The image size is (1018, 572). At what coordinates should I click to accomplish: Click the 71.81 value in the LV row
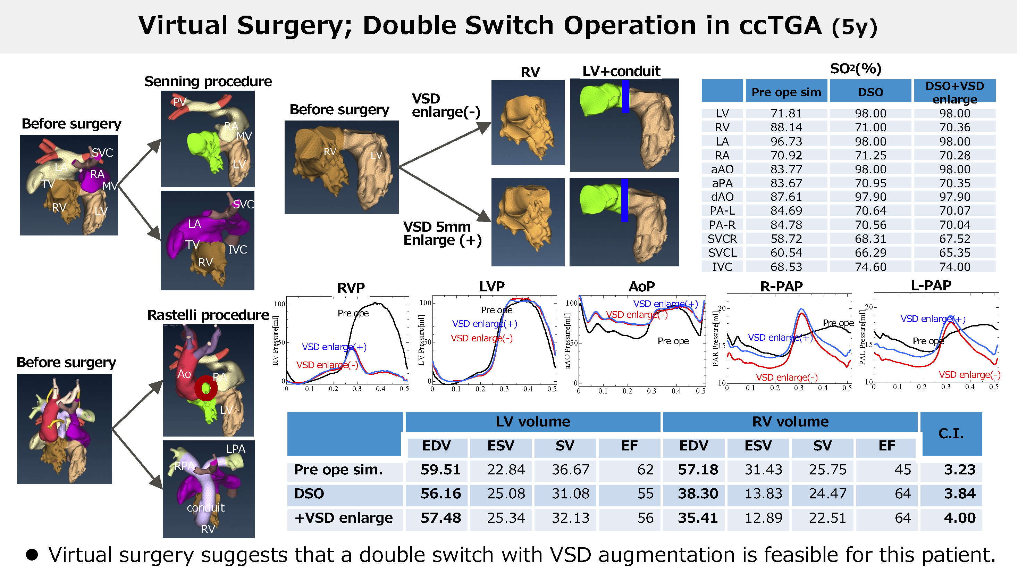[786, 114]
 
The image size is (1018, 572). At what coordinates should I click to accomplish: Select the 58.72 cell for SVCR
[786, 239]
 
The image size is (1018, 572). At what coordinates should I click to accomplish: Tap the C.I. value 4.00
[959, 518]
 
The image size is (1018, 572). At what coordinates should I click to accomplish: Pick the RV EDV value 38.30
[698, 494]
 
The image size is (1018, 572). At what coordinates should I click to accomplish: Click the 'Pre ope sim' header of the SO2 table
[786, 92]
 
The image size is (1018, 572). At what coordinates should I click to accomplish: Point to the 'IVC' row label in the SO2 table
[722, 267]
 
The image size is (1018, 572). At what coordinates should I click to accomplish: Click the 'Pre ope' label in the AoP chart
[673, 341]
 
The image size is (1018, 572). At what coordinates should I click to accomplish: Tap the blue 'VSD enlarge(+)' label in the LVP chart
[484, 324]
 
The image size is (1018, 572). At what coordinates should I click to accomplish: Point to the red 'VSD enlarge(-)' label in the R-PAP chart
[786, 378]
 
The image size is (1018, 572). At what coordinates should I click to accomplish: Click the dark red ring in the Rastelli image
[205, 389]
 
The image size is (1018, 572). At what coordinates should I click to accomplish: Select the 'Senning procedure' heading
[208, 81]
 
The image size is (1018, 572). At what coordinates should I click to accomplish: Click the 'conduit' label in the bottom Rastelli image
[205, 507]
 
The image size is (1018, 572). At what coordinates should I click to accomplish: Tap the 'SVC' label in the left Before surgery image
[102, 152]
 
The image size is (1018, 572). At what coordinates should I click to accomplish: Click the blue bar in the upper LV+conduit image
[625, 97]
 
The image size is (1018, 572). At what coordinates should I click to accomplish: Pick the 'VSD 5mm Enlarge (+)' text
[442, 234]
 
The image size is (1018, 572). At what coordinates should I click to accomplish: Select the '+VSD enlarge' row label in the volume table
[343, 518]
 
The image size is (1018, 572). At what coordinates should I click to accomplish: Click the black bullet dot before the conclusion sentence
[32, 555]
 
